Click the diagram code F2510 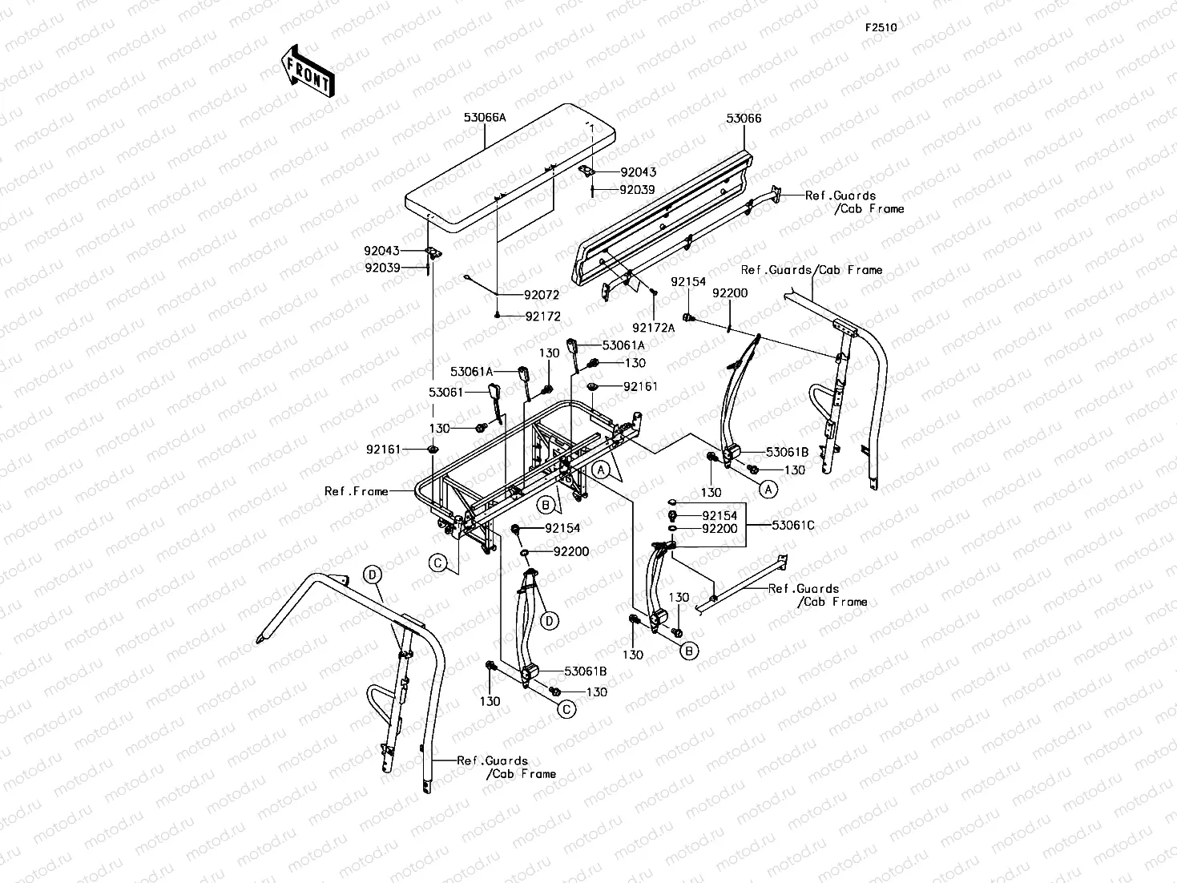[881, 27]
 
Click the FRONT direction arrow [308, 71]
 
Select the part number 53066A [485, 118]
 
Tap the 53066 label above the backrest [744, 119]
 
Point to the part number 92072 [542, 295]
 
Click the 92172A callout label [653, 327]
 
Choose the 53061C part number [792, 526]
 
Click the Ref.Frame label [357, 491]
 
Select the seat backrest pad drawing [663, 220]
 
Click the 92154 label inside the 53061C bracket [720, 515]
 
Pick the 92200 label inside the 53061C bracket [720, 529]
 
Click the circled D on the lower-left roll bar [372, 575]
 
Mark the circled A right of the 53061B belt [768, 489]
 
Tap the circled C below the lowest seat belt [566, 709]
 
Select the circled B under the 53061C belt [689, 651]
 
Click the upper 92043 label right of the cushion [638, 172]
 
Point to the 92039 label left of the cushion [382, 268]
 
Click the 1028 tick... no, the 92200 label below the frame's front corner [571, 551]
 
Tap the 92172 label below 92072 [542, 317]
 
